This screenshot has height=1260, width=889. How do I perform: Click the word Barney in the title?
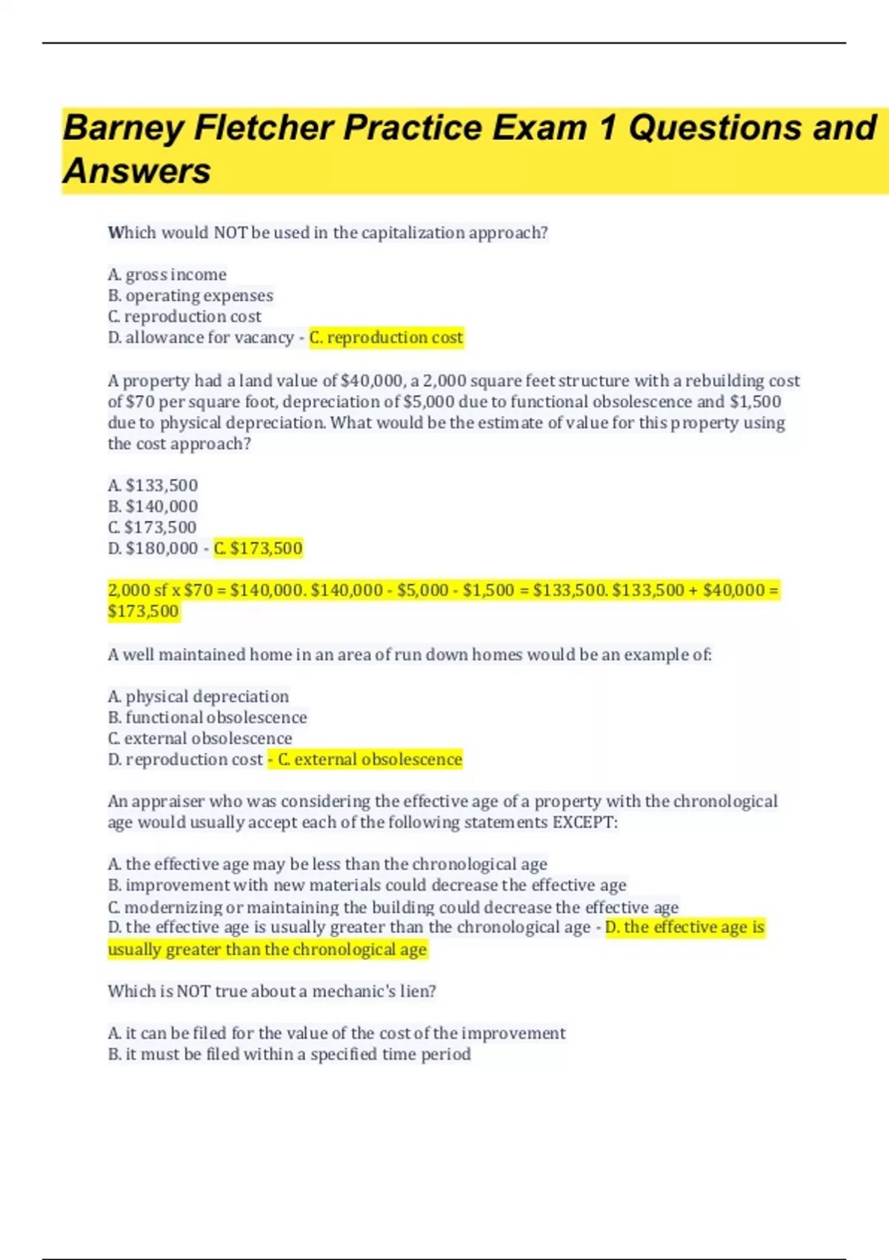tap(122, 128)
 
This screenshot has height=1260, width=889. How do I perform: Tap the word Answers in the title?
tap(137, 171)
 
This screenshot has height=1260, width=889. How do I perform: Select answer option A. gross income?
tap(167, 275)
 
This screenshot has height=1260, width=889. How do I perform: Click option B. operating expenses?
tap(190, 296)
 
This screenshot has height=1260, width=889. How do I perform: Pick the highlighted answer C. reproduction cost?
tap(386, 338)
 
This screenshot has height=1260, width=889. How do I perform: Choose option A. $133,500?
tap(153, 485)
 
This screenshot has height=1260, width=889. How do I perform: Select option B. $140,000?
tap(153, 506)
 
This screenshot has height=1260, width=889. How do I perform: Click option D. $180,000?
tap(153, 548)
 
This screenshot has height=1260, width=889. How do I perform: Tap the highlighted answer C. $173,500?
tap(259, 548)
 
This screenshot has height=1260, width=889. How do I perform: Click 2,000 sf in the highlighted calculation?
tap(137, 591)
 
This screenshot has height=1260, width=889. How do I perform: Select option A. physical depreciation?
tap(199, 697)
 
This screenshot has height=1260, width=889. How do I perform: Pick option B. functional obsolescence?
tap(207, 717)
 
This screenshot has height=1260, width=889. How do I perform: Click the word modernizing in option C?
tap(173, 907)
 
